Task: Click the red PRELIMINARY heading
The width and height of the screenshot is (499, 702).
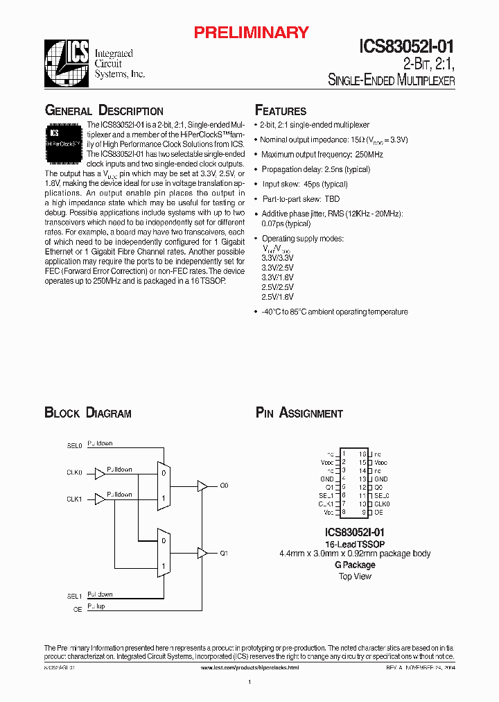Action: [251, 32]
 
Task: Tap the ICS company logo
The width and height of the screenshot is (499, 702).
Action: [67, 63]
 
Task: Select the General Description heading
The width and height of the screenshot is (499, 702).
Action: [104, 111]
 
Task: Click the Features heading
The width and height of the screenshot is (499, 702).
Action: [281, 111]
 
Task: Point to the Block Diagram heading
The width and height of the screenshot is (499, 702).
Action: [88, 413]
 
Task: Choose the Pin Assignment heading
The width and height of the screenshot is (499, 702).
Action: [299, 413]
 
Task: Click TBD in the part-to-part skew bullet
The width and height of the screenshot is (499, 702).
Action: [333, 199]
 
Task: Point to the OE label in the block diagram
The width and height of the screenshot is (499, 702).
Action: [78, 609]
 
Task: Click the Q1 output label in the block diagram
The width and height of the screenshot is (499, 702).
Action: [224, 554]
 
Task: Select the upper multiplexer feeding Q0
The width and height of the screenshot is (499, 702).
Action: [163, 486]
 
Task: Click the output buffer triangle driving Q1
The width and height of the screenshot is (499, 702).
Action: [202, 553]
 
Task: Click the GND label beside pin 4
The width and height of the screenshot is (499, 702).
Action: [327, 479]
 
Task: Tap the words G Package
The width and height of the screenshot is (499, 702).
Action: [355, 565]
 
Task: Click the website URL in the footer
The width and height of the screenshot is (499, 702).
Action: [249, 667]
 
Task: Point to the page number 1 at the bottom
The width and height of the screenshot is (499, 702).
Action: [249, 683]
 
